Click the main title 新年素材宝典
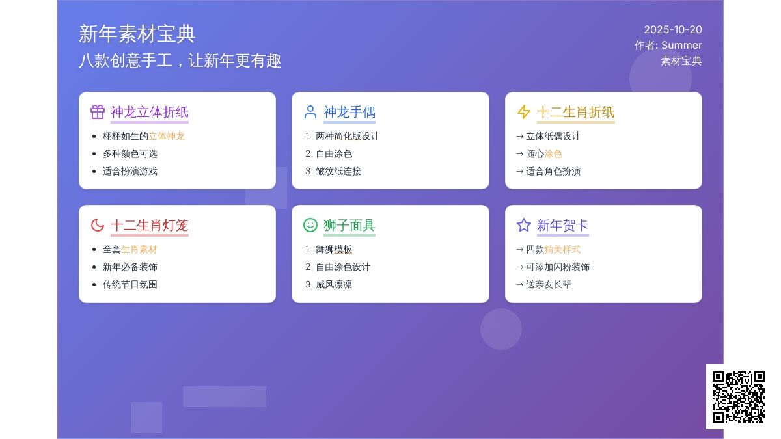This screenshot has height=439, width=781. [x=137, y=34]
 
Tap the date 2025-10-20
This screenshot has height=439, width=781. [x=672, y=30]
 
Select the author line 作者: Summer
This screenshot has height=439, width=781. [x=668, y=46]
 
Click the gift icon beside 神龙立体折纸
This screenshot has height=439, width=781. [x=98, y=112]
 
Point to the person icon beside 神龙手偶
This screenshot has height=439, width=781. [x=310, y=112]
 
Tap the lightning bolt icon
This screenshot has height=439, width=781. [x=524, y=112]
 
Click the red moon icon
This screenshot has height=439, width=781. [x=98, y=225]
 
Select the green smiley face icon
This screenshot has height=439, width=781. [x=310, y=225]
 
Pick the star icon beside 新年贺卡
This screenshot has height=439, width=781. [x=524, y=225]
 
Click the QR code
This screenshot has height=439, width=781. [x=739, y=397]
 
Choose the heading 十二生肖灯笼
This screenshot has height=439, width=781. [x=150, y=226]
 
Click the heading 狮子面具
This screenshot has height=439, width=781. [x=349, y=226]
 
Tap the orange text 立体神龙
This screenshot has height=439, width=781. [x=167, y=136]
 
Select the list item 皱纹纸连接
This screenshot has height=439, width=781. [x=338, y=172]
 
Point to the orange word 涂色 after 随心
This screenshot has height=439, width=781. [x=553, y=154]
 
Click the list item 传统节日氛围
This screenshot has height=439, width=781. [x=130, y=285]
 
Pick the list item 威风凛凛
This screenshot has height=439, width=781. [x=334, y=285]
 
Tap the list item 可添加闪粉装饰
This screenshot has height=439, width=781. [x=558, y=267]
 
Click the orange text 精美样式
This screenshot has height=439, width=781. [x=562, y=250]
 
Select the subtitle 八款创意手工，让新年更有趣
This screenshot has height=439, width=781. [x=180, y=60]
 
